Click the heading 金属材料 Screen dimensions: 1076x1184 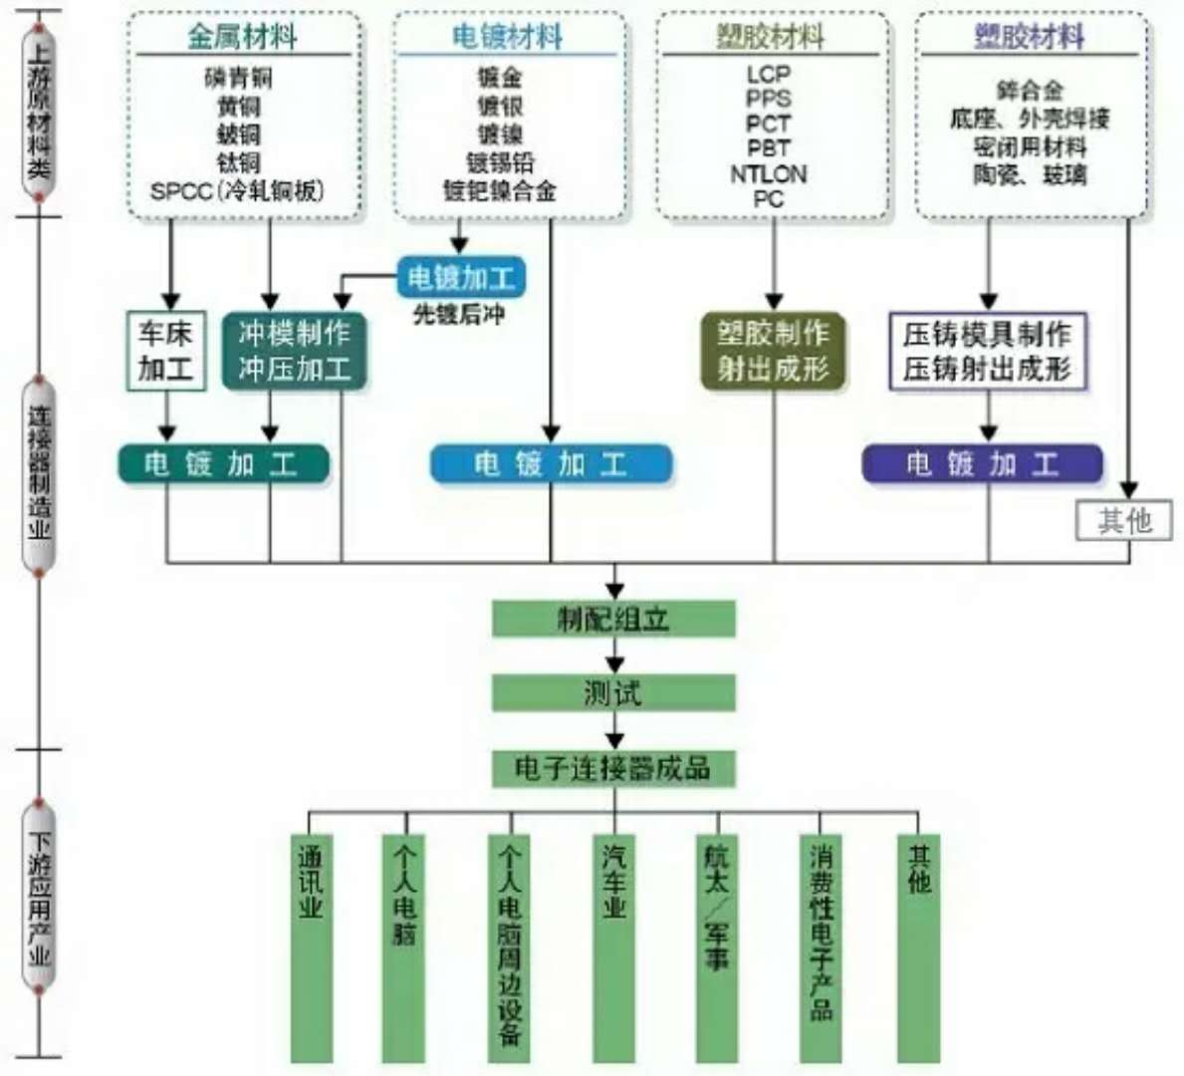242,37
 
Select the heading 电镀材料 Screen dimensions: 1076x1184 508,37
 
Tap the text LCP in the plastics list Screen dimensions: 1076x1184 769,74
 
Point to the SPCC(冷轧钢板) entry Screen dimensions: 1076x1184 238,190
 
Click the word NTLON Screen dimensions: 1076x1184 769,173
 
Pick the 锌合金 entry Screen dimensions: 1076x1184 1030,91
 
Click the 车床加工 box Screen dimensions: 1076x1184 166,351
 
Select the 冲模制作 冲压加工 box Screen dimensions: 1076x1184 294,351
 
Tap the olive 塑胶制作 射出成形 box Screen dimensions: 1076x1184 773,351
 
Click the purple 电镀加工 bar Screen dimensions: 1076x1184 982,464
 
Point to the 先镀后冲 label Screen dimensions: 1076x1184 459,315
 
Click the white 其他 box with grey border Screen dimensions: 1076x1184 1124,520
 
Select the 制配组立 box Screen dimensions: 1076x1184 613,619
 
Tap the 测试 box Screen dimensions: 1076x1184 613,692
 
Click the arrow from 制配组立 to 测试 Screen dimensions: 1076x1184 614,657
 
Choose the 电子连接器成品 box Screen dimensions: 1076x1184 613,768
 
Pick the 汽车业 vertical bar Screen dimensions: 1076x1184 613,946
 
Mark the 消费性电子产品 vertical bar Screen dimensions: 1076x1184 822,946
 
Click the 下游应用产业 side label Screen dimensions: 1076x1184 39,897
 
